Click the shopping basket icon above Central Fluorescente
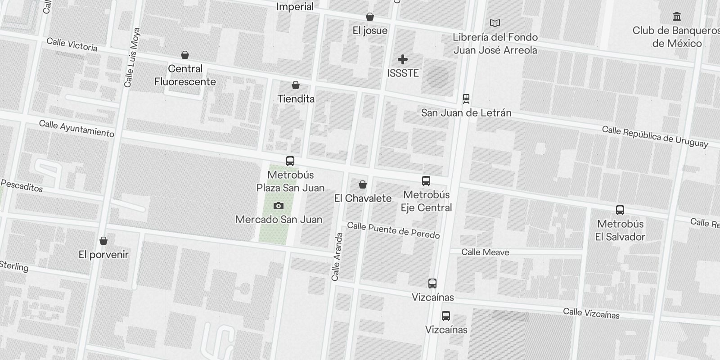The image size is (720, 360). click(184, 55)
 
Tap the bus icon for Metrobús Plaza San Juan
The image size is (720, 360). click(290, 161)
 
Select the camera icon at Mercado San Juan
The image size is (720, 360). click(279, 206)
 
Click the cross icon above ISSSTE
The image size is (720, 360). click(403, 59)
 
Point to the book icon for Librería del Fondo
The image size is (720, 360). click(495, 23)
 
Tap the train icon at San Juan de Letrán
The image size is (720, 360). click(466, 99)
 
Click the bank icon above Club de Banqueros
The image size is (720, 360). click(676, 17)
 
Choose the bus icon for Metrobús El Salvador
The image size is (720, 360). click(620, 210)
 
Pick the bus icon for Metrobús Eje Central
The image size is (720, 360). click(426, 181)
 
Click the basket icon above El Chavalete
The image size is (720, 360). click(363, 184)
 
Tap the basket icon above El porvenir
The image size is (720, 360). click(103, 241)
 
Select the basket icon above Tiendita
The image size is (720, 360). click(296, 85)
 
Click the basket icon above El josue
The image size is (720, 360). click(370, 17)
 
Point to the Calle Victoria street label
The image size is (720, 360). click(72, 44)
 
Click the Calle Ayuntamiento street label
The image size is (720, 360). click(76, 128)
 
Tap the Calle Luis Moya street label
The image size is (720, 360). click(132, 58)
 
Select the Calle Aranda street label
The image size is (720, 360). click(337, 256)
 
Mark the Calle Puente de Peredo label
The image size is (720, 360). click(393, 230)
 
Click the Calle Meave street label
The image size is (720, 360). click(485, 252)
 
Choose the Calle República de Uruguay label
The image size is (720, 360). click(655, 136)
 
